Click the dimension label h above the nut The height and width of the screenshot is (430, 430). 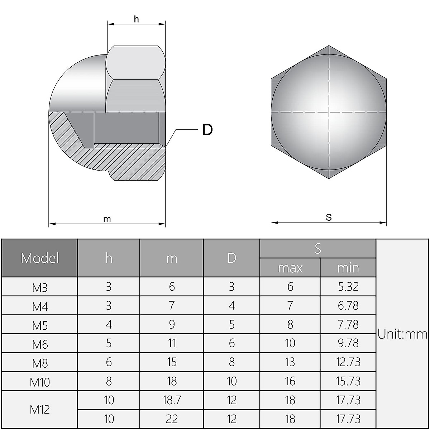click(x=136, y=19)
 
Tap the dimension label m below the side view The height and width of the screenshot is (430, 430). click(x=107, y=219)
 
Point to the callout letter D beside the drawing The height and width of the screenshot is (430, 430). click(x=207, y=130)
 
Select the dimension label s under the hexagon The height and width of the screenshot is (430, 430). click(x=329, y=217)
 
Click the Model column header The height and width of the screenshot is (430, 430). click(x=40, y=258)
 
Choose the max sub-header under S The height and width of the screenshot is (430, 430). click(x=290, y=268)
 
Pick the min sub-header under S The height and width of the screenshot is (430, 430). click(x=348, y=268)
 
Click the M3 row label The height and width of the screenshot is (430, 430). click(x=40, y=287)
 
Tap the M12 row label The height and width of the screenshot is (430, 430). click(x=40, y=409)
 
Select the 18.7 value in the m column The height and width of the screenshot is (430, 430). click(x=172, y=400)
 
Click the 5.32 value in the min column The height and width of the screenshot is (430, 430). click(x=348, y=287)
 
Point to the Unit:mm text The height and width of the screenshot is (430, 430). click(x=402, y=334)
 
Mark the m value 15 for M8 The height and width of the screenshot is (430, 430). click(x=172, y=362)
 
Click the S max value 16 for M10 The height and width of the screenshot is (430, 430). click(x=290, y=381)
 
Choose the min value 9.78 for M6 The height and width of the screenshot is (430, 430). click(x=348, y=343)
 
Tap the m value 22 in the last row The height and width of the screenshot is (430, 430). click(x=172, y=419)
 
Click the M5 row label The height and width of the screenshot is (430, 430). click(x=40, y=325)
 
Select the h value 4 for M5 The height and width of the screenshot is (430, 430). click(x=109, y=324)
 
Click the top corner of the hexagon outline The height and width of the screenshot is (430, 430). click(x=329, y=46)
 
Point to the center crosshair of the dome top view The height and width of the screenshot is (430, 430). click(x=329, y=113)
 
